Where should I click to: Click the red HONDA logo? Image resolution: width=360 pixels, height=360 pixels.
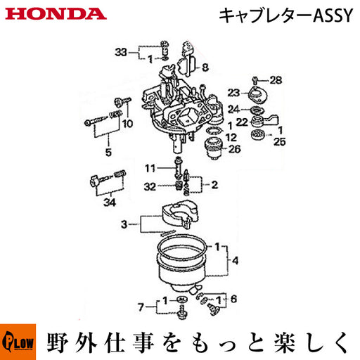[x=56, y=14]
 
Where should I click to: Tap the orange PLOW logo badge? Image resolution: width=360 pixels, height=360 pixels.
[x=18, y=342]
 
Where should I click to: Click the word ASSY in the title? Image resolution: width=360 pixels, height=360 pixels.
[x=333, y=15]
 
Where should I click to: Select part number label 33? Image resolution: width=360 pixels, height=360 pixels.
[x=121, y=52]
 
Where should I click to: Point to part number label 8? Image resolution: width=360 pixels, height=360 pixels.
[x=205, y=67]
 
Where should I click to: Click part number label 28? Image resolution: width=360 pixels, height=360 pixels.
[x=276, y=80]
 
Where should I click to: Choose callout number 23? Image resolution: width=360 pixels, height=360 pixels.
[x=233, y=93]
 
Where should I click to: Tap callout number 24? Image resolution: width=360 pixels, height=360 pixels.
[x=233, y=109]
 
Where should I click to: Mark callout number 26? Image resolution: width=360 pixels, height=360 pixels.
[x=234, y=149]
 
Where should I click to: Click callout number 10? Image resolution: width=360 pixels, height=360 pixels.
[x=128, y=124]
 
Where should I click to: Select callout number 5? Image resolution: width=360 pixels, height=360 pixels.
[x=108, y=153]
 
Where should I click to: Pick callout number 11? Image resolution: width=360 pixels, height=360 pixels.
[x=150, y=168]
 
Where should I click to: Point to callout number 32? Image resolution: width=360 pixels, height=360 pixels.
[x=150, y=187]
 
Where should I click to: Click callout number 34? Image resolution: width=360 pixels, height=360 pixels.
[x=110, y=202]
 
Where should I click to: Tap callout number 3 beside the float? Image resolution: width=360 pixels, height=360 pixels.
[x=124, y=224]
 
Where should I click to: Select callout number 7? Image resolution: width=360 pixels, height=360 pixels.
[x=141, y=307]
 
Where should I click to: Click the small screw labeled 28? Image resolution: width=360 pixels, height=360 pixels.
[x=255, y=81]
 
